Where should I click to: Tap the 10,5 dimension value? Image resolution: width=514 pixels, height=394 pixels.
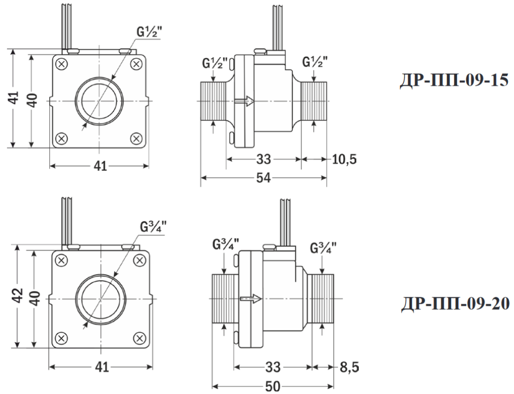(x=344, y=160)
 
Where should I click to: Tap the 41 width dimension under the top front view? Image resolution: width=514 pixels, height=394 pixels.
(x=101, y=167)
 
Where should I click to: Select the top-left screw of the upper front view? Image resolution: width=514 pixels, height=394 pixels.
(x=61, y=64)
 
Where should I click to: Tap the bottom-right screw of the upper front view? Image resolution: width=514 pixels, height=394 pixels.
(x=136, y=138)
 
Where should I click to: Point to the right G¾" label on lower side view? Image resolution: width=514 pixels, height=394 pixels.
(x=323, y=248)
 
